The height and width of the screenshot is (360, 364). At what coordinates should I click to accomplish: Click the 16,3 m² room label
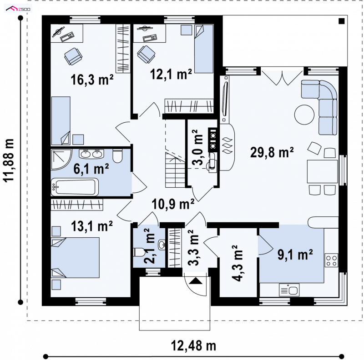point(92,80)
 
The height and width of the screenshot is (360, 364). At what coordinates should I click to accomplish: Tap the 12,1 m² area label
point(171,74)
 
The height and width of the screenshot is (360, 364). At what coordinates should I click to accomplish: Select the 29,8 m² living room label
point(272,152)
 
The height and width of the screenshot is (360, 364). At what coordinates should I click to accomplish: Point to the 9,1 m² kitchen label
point(295,255)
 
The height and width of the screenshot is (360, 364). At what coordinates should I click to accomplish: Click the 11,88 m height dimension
point(9,160)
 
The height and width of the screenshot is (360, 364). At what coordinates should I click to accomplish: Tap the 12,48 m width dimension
point(193,346)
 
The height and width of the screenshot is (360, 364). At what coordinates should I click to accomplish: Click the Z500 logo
point(18,9)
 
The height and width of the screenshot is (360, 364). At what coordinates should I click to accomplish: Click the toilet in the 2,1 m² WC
point(138,252)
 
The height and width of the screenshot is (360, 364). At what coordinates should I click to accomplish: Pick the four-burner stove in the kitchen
point(331,260)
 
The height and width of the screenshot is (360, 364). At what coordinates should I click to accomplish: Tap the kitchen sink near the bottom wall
point(289,290)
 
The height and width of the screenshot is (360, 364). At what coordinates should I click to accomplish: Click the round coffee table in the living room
point(304,115)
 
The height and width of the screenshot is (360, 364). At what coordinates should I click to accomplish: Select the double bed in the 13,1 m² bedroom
point(75,257)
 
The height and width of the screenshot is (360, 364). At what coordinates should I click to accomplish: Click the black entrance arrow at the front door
point(196,280)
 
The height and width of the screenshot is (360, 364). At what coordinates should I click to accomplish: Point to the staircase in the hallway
point(175,170)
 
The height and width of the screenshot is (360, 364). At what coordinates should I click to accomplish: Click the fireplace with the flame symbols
point(227,147)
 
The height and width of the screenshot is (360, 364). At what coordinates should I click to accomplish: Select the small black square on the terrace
point(342,21)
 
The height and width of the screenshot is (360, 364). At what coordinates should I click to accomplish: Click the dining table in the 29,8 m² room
point(322,171)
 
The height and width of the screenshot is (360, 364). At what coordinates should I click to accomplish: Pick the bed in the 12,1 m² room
point(203,49)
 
